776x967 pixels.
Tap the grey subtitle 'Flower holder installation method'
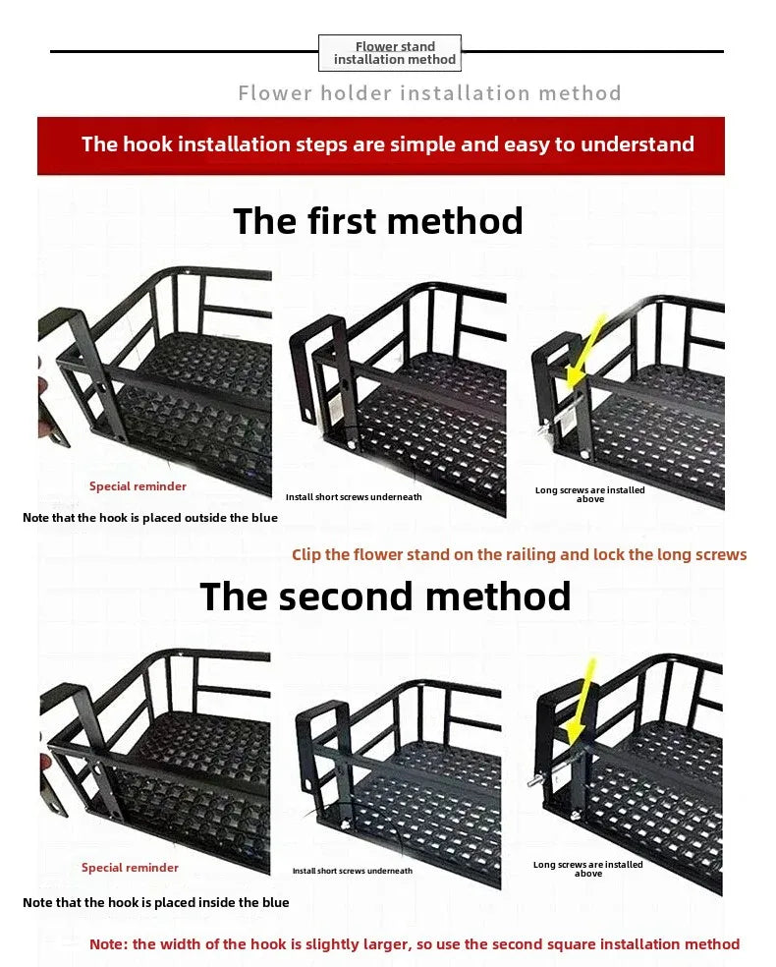tap(429, 93)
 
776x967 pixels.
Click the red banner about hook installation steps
tap(381, 145)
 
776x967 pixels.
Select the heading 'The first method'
tap(378, 221)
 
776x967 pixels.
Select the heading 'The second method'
tap(385, 597)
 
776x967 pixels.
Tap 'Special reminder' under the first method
tap(139, 486)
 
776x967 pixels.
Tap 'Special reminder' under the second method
tap(130, 867)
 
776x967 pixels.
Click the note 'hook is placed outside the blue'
tap(149, 518)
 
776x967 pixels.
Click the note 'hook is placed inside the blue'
tap(156, 902)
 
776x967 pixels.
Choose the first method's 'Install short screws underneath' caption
tap(354, 497)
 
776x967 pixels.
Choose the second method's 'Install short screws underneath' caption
tap(353, 871)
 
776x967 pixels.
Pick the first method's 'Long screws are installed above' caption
tap(590, 494)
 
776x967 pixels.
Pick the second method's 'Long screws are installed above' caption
tap(588, 869)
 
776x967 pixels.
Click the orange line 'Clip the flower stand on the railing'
tap(519, 554)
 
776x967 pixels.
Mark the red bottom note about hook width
tap(415, 944)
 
